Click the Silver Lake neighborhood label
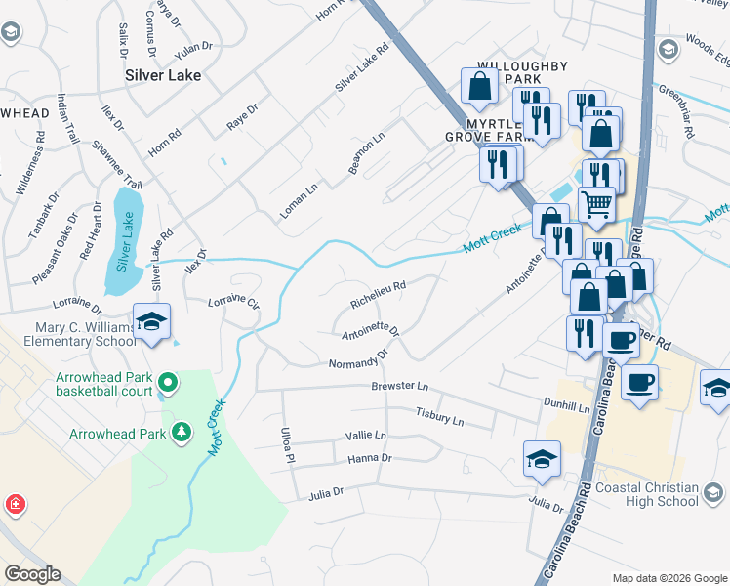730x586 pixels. pos(163,75)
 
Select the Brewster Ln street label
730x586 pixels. pos(400,387)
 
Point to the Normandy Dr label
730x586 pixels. pos(360,363)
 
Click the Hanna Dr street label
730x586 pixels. pos(369,457)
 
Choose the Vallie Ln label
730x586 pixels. pos(366,436)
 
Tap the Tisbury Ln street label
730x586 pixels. pos(439,418)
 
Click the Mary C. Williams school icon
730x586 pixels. pos(151,321)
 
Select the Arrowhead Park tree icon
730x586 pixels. pos(181,431)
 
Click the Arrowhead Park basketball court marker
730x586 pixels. pos(168,382)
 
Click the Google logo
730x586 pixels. pos(32,574)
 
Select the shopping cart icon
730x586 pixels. pos(596,203)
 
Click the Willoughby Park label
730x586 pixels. pos(521,72)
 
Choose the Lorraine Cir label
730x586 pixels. pos(234,304)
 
